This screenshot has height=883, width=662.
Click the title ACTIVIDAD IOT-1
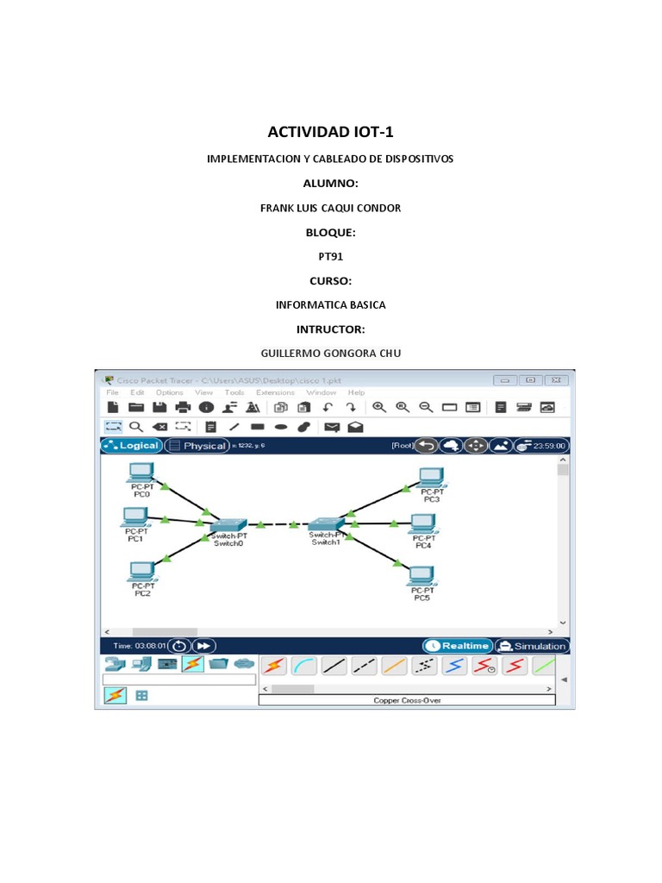pos(330,131)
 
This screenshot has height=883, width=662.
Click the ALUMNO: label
pos(330,184)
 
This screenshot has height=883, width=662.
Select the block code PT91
pos(330,256)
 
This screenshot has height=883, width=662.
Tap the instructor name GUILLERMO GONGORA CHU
pos(330,354)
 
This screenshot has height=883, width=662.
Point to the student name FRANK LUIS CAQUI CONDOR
pos(330,208)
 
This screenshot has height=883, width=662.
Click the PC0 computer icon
pos(141,473)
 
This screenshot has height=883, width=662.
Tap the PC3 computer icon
pos(430,477)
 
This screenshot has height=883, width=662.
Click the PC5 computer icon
pos(422,575)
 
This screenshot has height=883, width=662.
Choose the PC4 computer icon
pos(422,523)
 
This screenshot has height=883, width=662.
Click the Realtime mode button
pos(457,646)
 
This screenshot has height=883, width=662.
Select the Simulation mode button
pos(532,646)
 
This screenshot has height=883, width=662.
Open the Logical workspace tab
pos(131,446)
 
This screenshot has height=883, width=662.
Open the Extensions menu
pos(275,392)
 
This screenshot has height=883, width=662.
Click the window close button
pos(556,379)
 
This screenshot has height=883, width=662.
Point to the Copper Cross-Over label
pos(407,701)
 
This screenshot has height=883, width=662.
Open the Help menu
pos(356,392)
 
